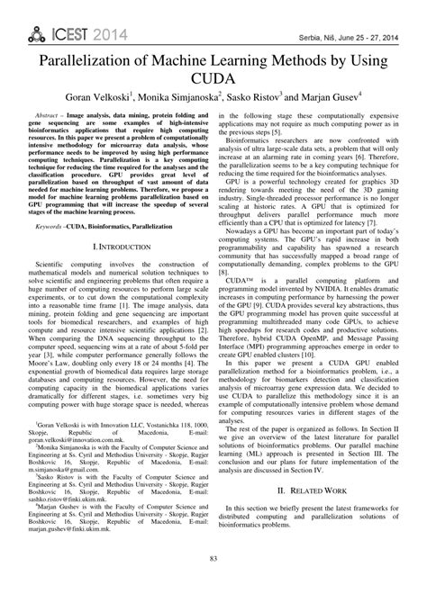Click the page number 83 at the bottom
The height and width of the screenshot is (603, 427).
pyautogui.click(x=213, y=586)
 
